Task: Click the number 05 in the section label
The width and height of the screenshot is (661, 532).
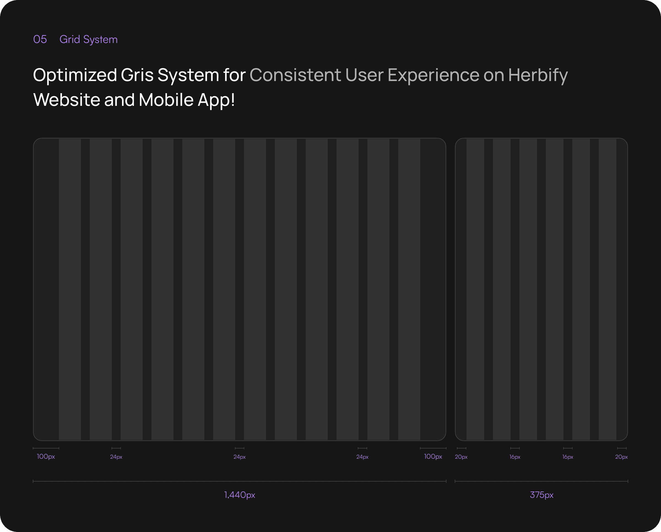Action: pyautogui.click(x=40, y=39)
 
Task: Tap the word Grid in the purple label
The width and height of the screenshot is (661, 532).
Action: pyautogui.click(x=70, y=39)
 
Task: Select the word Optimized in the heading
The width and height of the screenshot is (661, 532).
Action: pyautogui.click(x=75, y=75)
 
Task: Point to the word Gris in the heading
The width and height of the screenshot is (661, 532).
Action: pyautogui.click(x=137, y=75)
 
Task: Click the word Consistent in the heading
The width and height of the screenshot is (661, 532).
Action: pyautogui.click(x=295, y=75)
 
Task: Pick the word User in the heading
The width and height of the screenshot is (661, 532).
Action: pyautogui.click(x=364, y=75)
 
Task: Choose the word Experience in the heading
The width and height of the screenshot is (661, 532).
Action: pyautogui.click(x=433, y=75)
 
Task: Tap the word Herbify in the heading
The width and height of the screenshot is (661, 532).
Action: pyautogui.click(x=538, y=75)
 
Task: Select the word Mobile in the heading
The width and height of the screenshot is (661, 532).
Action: pyautogui.click(x=166, y=100)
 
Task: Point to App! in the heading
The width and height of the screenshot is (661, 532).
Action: pyautogui.click(x=216, y=100)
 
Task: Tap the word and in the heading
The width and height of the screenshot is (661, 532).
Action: pyautogui.click(x=119, y=100)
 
